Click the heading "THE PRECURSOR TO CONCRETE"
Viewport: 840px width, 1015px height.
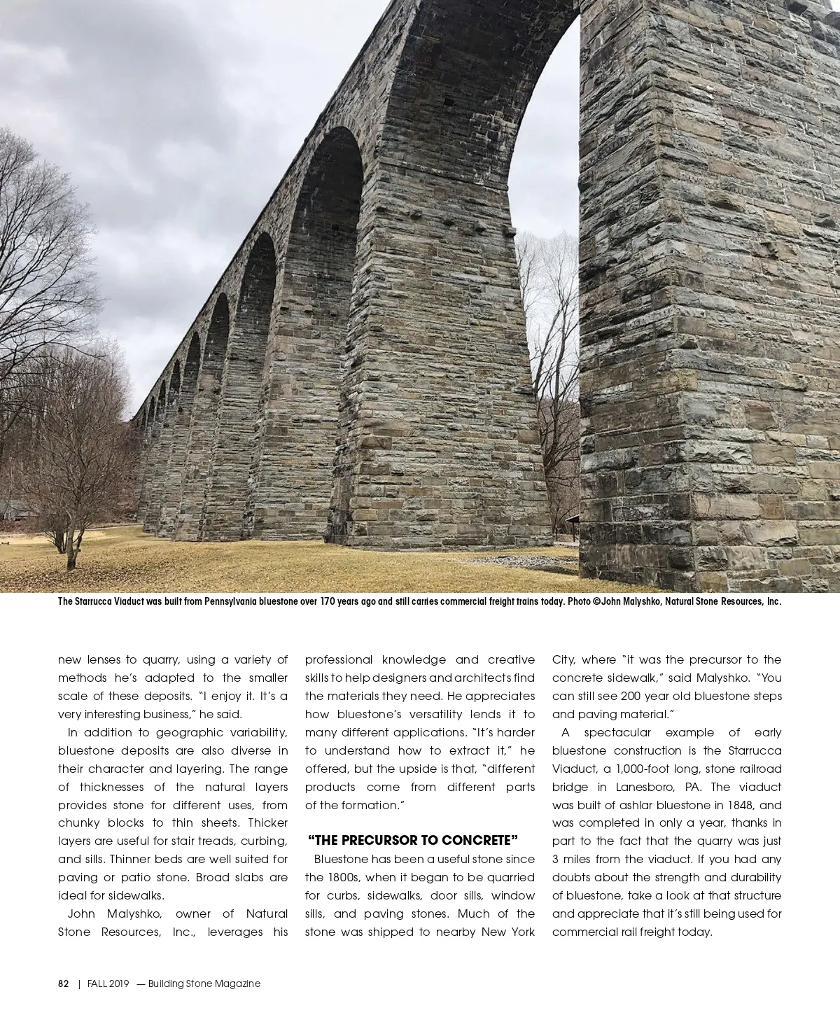(x=412, y=840)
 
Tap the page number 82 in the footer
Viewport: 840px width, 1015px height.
(x=64, y=983)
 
